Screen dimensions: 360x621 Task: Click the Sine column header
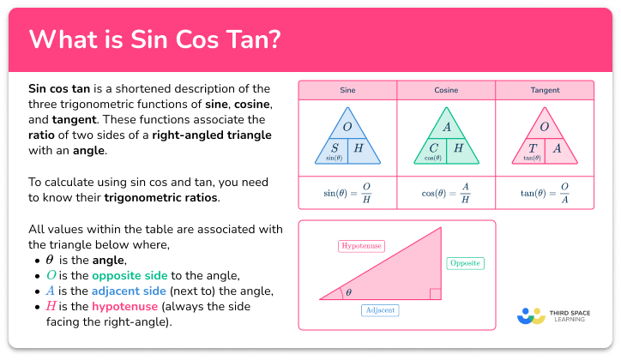[x=347, y=89]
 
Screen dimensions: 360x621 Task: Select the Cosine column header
[x=445, y=89]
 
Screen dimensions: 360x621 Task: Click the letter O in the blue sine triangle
[x=347, y=127]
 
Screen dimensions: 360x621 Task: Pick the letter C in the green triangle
[x=434, y=147]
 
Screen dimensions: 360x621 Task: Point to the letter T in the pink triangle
[x=532, y=147]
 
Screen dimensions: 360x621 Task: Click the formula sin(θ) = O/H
[x=347, y=191]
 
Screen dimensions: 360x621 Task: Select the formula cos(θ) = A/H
[x=445, y=191]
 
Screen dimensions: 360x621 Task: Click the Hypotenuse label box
[x=360, y=246]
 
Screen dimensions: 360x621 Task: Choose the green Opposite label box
[x=466, y=263]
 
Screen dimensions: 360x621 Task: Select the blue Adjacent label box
[x=380, y=309]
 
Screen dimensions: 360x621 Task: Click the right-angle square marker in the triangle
[x=436, y=295]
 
